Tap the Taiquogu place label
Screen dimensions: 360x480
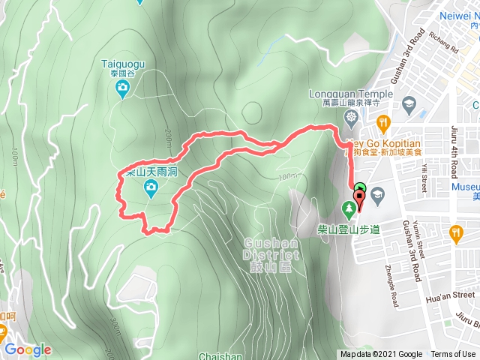click(x=122, y=65)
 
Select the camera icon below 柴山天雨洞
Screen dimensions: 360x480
click(x=151, y=192)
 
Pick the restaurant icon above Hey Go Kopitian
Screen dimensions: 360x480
click(x=383, y=121)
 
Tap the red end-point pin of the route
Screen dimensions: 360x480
click(x=358, y=199)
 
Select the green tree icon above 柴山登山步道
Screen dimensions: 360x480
click(x=349, y=207)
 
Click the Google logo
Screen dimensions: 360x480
click(x=28, y=349)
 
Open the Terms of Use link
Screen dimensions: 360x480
click(x=453, y=355)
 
